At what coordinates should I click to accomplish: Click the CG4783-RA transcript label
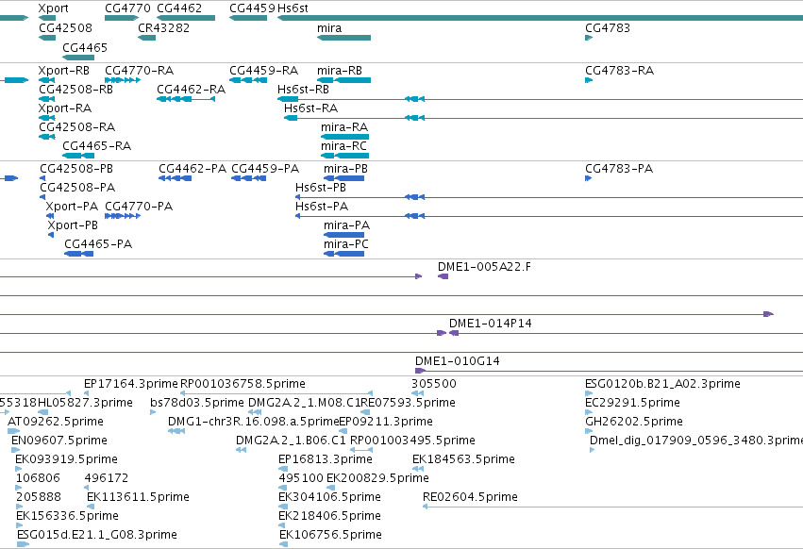619,70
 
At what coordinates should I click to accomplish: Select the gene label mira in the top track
329,28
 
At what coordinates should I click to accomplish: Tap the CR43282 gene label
163,28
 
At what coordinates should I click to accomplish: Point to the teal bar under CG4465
78,58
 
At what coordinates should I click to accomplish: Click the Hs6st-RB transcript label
303,89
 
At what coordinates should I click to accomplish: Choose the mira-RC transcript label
343,146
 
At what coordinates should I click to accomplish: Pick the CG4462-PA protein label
192,169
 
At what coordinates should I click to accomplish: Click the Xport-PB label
73,225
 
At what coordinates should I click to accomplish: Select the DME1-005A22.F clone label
484,266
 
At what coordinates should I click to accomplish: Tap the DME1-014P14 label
490,324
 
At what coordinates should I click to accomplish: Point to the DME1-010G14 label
458,361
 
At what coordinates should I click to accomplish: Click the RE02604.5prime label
470,497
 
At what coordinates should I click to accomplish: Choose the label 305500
434,384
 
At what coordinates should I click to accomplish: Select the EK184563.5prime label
463,458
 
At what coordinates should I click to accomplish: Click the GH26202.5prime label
634,422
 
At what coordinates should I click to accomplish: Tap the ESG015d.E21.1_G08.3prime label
97,535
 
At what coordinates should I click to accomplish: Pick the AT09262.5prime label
56,422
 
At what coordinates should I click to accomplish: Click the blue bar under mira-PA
343,235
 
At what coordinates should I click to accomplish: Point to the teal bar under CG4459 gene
248,18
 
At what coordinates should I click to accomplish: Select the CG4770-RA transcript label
140,70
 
